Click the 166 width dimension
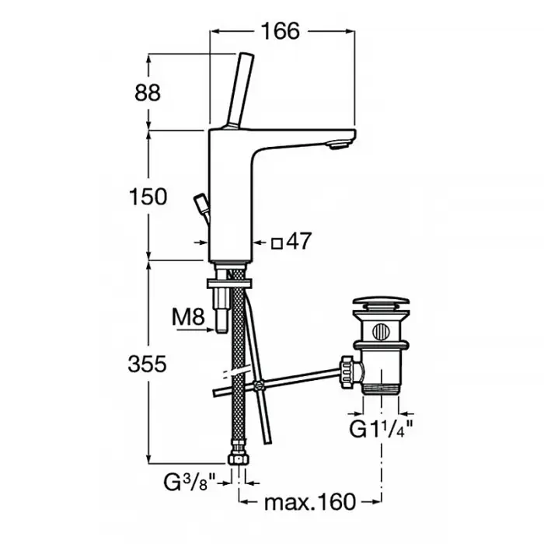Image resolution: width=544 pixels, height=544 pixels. pyautogui.click(x=281, y=31)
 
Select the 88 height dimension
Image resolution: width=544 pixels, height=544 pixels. pyautogui.click(x=148, y=93)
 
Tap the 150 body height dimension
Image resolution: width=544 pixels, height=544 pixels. pyautogui.click(x=148, y=197)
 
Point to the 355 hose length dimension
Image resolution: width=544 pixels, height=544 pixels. pyautogui.click(x=148, y=364)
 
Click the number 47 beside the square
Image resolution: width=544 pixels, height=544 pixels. pyautogui.click(x=299, y=241)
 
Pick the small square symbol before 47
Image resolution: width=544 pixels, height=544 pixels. pyautogui.click(x=277, y=243)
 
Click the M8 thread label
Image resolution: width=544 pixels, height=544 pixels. pyautogui.click(x=188, y=317)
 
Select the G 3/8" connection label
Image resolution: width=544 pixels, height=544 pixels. pyautogui.click(x=190, y=483)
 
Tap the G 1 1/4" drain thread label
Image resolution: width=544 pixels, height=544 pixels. pyautogui.click(x=382, y=429)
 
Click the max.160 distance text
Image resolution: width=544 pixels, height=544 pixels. pyautogui.click(x=310, y=502)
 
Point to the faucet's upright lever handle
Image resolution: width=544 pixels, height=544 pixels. pyautogui.click(x=240, y=91)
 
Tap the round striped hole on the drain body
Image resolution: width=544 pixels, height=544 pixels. pyautogui.click(x=381, y=332)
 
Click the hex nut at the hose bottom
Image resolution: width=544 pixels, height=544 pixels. pyautogui.click(x=239, y=459)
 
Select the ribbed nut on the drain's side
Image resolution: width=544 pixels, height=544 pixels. pyautogui.click(x=347, y=373)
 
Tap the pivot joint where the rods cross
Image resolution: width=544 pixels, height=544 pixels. pyautogui.click(x=258, y=385)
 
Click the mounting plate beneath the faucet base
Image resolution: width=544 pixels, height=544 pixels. pyautogui.click(x=230, y=283)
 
